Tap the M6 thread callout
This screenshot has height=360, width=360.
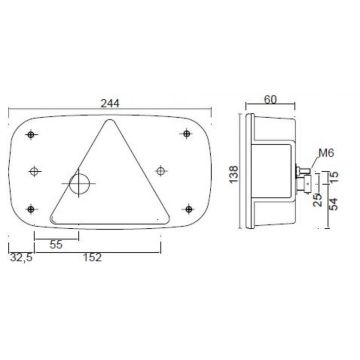pyautogui.click(x=324, y=152)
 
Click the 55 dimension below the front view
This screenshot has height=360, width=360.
pyautogui.click(x=56, y=243)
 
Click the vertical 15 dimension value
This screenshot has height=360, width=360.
pyautogui.click(x=336, y=177)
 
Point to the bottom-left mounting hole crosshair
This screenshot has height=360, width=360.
pyautogui.click(x=35, y=208)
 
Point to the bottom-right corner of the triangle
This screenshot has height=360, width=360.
pyautogui.click(x=166, y=219)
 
